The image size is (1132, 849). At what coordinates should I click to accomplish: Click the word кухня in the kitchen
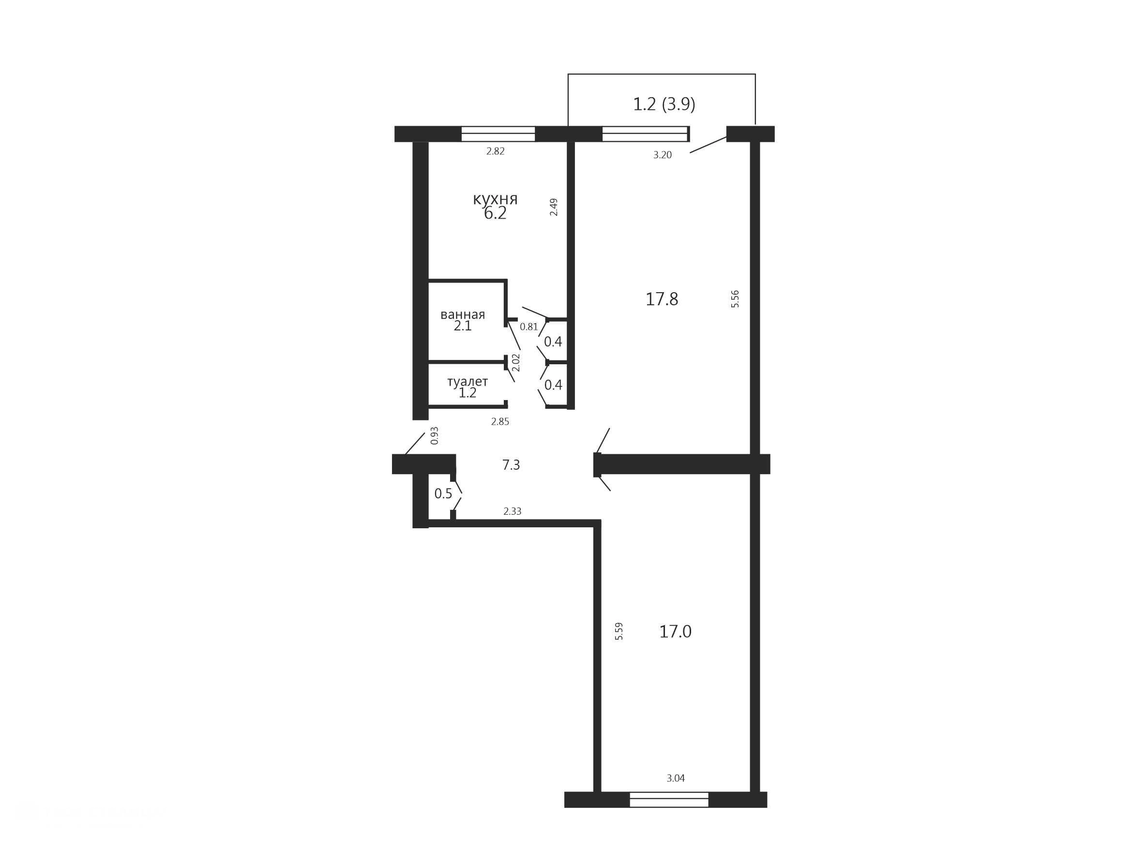point(495,199)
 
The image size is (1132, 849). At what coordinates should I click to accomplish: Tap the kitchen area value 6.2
point(495,213)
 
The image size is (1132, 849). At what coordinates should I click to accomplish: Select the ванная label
point(463,314)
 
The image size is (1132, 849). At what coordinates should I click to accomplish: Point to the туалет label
point(468,382)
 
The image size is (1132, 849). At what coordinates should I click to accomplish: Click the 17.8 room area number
point(662,299)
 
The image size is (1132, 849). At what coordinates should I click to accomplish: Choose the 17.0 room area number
point(675,632)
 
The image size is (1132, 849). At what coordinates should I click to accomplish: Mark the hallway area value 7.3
point(511,465)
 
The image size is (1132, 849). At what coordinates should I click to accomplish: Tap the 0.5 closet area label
point(443,493)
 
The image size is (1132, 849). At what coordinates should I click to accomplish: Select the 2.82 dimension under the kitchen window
point(495,151)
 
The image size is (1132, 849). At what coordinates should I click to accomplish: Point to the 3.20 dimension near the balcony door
point(662,155)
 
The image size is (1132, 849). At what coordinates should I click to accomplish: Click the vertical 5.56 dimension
point(735,298)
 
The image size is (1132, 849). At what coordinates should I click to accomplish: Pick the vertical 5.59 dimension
point(619,631)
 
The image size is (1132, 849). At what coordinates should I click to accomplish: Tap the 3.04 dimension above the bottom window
point(676,778)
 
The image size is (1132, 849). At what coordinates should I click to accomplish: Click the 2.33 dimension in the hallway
point(512,511)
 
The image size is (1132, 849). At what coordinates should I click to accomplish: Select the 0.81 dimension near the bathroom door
point(528,327)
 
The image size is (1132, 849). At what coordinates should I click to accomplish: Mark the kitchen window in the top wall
point(498,134)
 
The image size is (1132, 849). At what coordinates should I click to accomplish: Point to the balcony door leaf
point(708,145)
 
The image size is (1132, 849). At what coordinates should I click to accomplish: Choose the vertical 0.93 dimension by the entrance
point(435,435)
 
